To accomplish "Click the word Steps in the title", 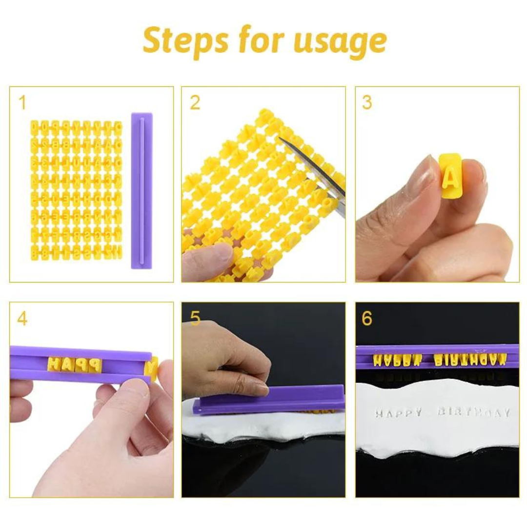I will coord(186,41).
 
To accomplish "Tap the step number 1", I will coord(22,103).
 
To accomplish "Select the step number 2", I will coord(195,103).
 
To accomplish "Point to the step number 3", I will coord(367,103).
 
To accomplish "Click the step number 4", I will coord(22,319).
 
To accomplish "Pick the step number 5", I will coord(195,319).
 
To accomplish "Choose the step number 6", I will coord(367,319).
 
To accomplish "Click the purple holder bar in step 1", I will coord(142,190).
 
